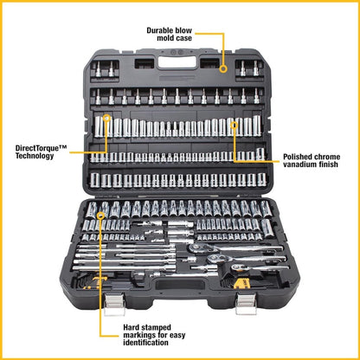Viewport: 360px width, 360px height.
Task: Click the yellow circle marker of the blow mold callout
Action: [222, 67]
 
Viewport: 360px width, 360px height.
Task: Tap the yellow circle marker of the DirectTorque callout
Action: [106, 119]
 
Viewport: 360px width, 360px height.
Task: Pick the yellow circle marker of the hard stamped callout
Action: [102, 214]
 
